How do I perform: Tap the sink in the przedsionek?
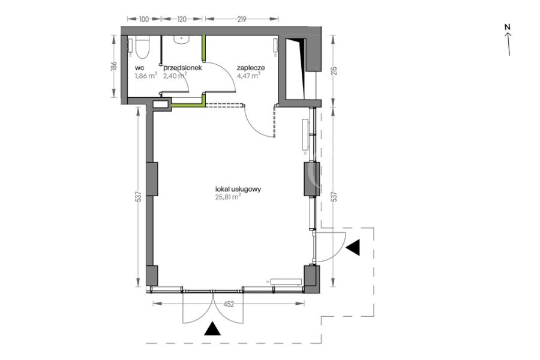tap(181, 40)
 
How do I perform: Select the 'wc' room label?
tap(139, 68)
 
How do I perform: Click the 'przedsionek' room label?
tap(182, 68)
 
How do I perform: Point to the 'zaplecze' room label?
tap(251, 68)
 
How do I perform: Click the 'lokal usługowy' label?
tap(238, 189)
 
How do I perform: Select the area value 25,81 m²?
tap(228, 197)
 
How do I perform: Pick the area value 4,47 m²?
tap(248, 76)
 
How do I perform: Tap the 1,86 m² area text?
tap(146, 76)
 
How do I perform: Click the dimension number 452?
tap(229, 304)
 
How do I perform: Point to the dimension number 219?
tap(242, 19)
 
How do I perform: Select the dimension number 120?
tap(181, 19)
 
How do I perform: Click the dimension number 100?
tap(144, 19)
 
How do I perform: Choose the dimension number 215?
tap(334, 71)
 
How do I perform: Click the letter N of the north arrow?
tap(507, 27)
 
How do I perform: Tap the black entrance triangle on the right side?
tap(353, 247)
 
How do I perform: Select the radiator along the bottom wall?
tap(286, 282)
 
